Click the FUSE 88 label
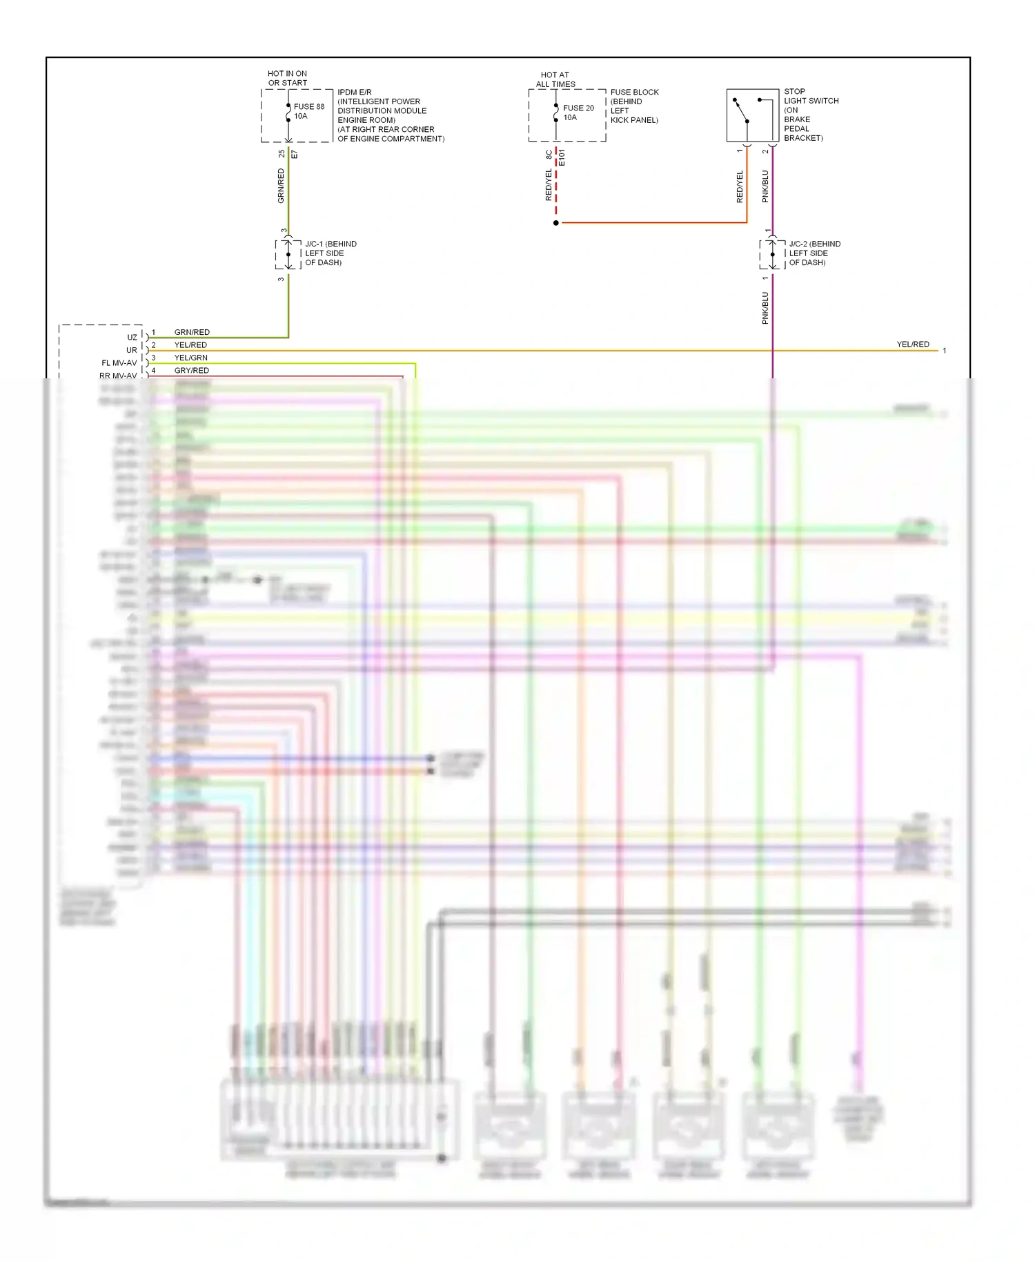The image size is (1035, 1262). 308,107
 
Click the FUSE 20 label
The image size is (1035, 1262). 578,108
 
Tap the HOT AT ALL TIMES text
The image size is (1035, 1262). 555,79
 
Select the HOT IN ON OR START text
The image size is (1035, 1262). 288,78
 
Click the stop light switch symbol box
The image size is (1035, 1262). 752,115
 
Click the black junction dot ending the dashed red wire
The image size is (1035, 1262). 556,223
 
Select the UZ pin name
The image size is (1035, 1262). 132,338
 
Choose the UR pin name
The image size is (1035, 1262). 131,350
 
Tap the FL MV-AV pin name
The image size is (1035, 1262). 119,363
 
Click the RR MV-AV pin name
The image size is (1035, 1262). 118,376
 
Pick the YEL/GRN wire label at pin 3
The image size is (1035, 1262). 191,358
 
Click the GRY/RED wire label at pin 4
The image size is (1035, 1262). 192,371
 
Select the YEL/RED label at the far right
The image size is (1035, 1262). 913,344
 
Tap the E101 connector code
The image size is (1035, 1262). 562,157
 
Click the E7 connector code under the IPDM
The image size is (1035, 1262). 295,155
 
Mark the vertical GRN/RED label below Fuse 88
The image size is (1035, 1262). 281,186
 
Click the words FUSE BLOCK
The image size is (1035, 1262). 634,92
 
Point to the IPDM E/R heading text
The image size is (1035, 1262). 355,92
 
